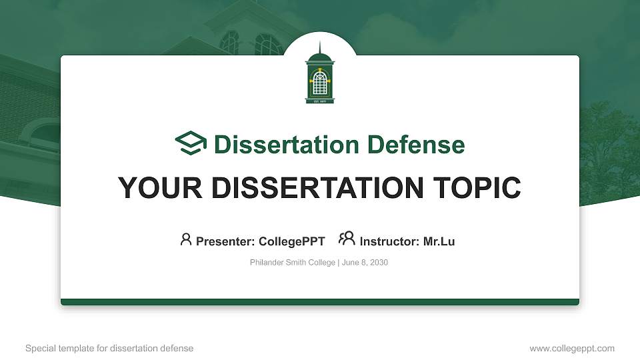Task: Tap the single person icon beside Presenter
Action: pos(186,239)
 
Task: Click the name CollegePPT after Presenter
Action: pos(291,241)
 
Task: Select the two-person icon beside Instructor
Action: pos(347,239)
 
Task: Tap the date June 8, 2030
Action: pos(366,263)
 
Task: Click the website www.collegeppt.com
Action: pos(571,348)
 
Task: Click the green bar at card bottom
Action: pos(320,302)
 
